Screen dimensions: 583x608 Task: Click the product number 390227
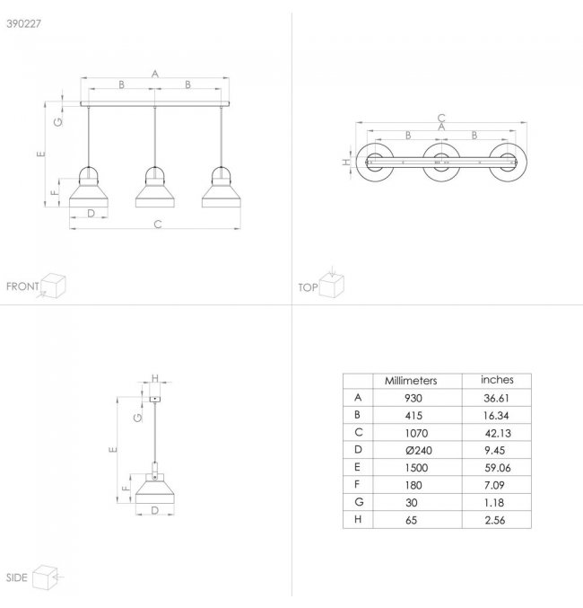[x=23, y=23]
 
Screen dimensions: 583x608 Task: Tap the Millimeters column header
[x=411, y=381]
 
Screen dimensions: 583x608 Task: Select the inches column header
[x=497, y=380]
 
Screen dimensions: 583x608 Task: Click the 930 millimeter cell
[x=413, y=398]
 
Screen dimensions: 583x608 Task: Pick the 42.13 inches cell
[x=498, y=433]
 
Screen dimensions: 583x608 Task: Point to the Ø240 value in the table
[x=419, y=451]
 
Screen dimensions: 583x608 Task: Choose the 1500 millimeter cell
[x=416, y=468]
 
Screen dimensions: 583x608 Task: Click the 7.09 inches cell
[x=494, y=485]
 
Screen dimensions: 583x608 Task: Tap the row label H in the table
[x=358, y=519]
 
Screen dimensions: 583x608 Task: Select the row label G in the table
[x=359, y=502]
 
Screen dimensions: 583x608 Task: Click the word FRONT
[x=22, y=286]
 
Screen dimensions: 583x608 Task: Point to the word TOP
[x=308, y=287]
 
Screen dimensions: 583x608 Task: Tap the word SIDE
[x=17, y=577]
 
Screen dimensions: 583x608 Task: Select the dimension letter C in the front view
[x=157, y=225]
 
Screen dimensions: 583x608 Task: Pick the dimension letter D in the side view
[x=154, y=510]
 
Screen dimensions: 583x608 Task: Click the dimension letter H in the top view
[x=346, y=162]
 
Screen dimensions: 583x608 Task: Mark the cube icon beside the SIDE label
[x=46, y=577]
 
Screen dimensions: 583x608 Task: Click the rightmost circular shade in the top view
[x=508, y=162]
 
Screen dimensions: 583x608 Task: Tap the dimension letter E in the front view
[x=41, y=154]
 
